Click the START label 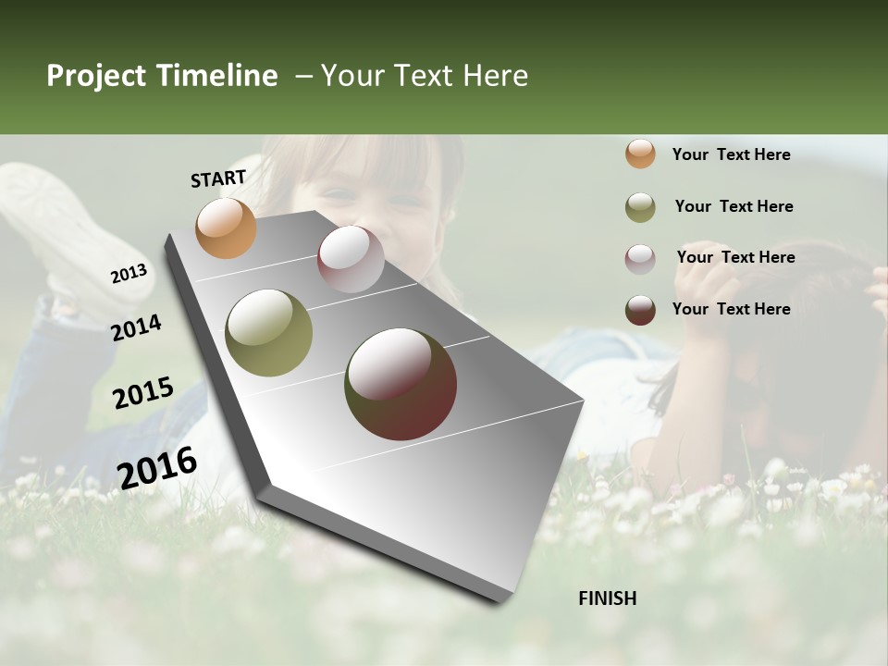click(218, 179)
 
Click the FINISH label click(608, 598)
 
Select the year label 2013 click(129, 274)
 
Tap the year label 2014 click(137, 327)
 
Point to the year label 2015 click(143, 393)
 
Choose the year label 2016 click(157, 467)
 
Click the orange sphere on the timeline click(226, 228)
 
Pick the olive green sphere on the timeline click(269, 333)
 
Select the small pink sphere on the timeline click(351, 259)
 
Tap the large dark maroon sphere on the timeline click(401, 384)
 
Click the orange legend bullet click(640, 154)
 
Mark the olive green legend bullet click(640, 207)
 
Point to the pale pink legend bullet click(640, 259)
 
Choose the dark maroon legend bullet click(640, 310)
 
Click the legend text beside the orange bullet click(731, 154)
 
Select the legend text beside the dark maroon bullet click(731, 309)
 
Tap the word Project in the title click(96, 76)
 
